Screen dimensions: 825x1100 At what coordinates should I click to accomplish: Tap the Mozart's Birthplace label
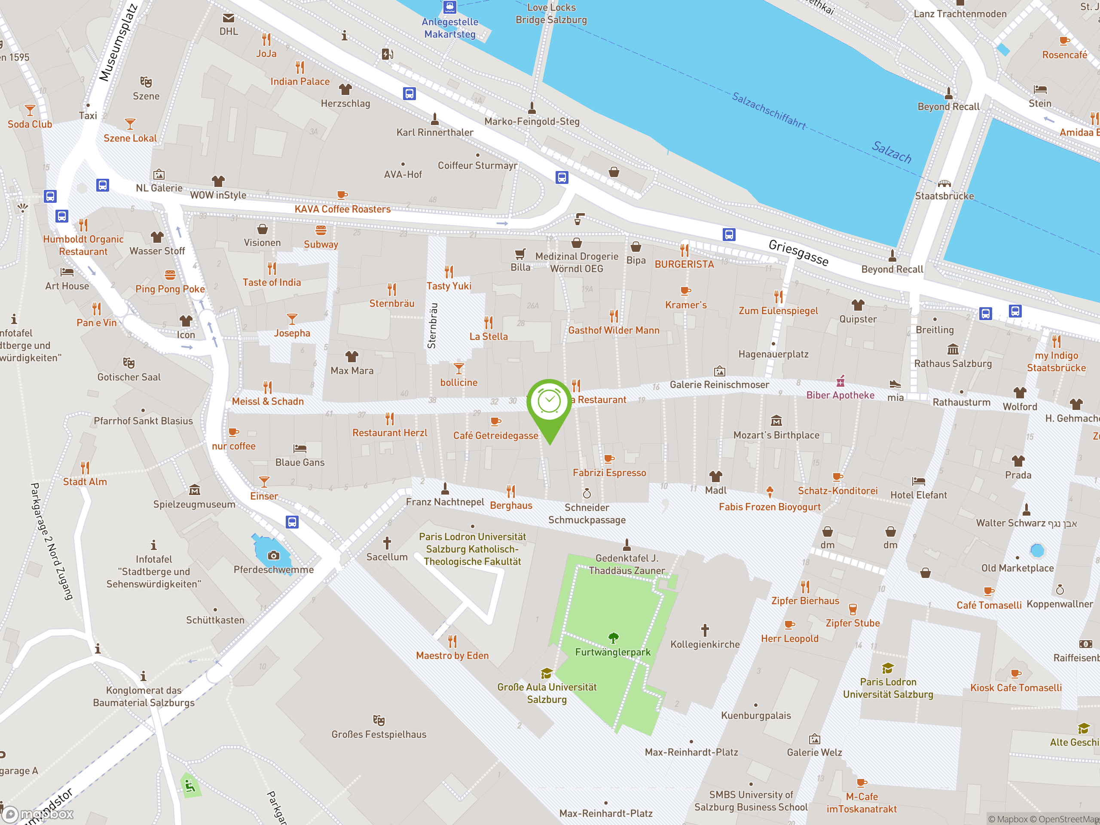[x=776, y=435]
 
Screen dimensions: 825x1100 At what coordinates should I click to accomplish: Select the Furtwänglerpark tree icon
[x=613, y=638]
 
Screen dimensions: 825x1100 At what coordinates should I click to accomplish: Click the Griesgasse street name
[x=798, y=253]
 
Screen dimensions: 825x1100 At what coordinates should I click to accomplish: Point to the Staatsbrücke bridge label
[x=944, y=196]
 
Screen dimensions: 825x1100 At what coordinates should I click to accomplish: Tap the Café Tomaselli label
[x=989, y=605]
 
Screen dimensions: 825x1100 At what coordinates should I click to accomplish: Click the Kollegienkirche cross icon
[x=705, y=630]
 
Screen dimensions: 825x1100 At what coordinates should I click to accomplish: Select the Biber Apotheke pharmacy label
[x=840, y=395]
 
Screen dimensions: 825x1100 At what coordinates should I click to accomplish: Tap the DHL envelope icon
[x=228, y=18]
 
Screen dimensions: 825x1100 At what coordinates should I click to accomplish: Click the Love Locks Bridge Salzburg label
[x=551, y=13]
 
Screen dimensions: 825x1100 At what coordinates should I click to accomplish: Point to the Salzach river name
[x=892, y=152]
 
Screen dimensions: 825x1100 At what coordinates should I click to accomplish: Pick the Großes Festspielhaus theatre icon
[x=379, y=720]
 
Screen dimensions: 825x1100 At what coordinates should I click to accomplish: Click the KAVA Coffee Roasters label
[x=342, y=209]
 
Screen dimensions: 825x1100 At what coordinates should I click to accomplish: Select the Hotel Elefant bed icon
[x=918, y=481]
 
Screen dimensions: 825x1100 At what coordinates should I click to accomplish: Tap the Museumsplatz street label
[x=118, y=42]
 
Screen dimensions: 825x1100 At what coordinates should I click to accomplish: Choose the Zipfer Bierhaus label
[x=805, y=601]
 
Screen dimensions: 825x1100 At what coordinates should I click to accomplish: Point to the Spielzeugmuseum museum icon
[x=195, y=490]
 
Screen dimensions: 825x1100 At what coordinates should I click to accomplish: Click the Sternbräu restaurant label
[x=391, y=303]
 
